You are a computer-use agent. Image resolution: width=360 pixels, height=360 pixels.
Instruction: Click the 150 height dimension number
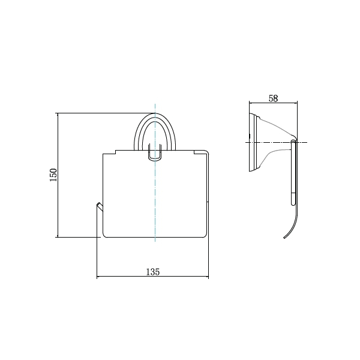53,175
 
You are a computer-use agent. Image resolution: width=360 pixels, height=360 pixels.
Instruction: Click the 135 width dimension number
152,272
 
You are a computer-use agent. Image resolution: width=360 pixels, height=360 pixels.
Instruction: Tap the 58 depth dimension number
273,98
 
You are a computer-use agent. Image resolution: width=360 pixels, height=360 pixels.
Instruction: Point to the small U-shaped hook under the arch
155,152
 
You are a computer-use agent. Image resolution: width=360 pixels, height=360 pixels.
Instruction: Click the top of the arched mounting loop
155,114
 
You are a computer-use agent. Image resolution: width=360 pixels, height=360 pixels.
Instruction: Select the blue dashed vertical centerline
155,173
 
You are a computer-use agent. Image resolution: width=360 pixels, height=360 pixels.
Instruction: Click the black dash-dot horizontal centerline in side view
276,143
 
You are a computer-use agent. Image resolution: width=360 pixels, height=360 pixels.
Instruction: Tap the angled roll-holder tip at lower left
100,206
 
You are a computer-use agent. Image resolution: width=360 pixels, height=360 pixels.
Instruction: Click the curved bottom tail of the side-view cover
292,227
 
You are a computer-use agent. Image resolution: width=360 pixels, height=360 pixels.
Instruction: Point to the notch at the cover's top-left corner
115,152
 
